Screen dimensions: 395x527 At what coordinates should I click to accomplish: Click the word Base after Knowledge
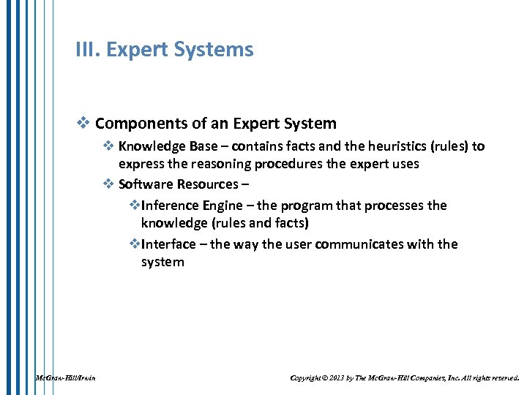point(202,146)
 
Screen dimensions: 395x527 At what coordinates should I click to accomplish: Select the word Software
point(146,184)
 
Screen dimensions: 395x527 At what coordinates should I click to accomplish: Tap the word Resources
point(208,184)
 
